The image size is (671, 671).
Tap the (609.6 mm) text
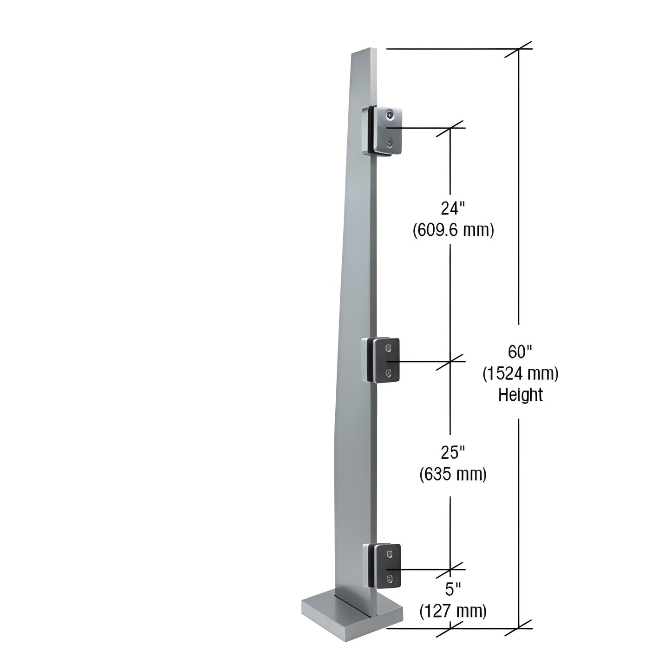coord(453,230)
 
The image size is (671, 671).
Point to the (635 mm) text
coord(453,474)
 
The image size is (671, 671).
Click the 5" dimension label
coord(453,590)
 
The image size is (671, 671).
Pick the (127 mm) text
coord(453,611)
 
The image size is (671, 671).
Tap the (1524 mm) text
coord(520,373)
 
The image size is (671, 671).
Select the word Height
coord(520,395)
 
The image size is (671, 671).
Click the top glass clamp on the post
coord(383,131)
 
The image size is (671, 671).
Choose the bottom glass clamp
coord(383,567)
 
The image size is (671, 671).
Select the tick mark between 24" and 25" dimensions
coord(450,361)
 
